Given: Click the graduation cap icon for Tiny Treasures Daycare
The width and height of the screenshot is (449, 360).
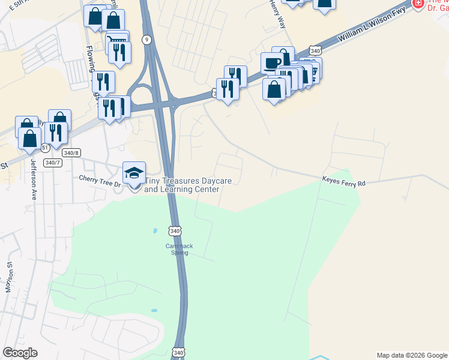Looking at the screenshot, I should pyautogui.click(x=134, y=173).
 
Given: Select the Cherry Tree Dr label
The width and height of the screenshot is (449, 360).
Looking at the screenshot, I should pyautogui.click(x=100, y=178).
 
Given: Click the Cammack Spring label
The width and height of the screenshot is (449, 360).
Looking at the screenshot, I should pyautogui.click(x=176, y=249).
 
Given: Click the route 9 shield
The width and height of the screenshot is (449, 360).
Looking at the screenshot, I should pyautogui.click(x=146, y=40).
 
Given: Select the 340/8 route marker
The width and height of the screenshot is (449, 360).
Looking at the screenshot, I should pyautogui.click(x=71, y=153).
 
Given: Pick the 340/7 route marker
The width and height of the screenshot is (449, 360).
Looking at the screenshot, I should pyautogui.click(x=53, y=163).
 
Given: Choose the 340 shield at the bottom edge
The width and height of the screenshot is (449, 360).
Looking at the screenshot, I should pyautogui.click(x=178, y=353).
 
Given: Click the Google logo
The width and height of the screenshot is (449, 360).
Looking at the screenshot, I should pyautogui.click(x=20, y=353).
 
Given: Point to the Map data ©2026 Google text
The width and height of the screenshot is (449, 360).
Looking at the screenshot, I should pyautogui.click(x=412, y=355).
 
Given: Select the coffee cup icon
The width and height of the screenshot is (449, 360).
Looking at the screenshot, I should pyautogui.click(x=272, y=63).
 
